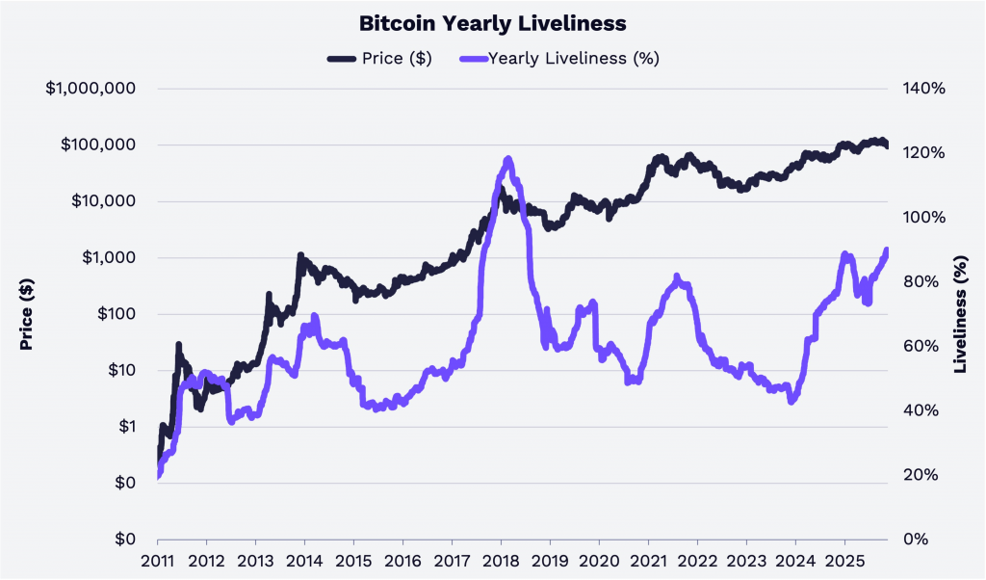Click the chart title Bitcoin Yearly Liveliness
coord(493,21)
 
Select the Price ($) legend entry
coord(380,58)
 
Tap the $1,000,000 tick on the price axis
coord(91,89)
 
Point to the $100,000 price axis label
coord(98,145)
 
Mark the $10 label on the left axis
coord(119,370)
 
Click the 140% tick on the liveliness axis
coord(924,89)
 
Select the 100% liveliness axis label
coord(924,217)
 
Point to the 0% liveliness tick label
coord(917,539)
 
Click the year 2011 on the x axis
coord(157,561)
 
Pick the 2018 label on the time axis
coord(500,561)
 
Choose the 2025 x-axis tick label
coord(843,561)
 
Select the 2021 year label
coord(647,561)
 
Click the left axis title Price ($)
coord(27,314)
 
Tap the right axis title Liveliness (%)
coord(960,314)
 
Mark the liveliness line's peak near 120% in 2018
coord(508,159)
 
